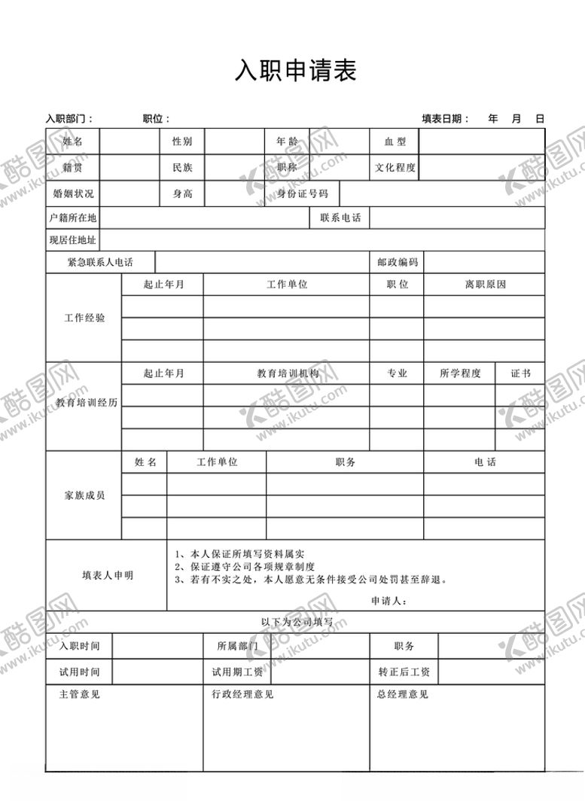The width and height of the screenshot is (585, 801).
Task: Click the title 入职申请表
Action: (x=295, y=71)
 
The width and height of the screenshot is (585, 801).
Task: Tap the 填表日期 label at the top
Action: (x=445, y=118)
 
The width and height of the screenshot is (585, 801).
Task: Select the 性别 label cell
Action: (x=182, y=142)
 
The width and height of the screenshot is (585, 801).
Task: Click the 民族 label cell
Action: (x=182, y=168)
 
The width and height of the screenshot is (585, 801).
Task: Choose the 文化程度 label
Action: (x=395, y=168)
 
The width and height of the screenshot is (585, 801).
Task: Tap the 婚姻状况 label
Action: (x=73, y=193)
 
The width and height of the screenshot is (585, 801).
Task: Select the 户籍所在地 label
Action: (x=73, y=218)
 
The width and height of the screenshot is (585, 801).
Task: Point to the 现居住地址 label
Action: (x=73, y=240)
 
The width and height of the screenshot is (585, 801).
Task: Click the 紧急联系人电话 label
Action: (x=100, y=262)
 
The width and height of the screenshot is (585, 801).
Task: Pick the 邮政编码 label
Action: (x=398, y=262)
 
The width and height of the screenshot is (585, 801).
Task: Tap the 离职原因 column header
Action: (x=485, y=285)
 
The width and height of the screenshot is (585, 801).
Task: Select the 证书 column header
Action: (x=520, y=373)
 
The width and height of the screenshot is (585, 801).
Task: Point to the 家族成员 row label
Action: (x=84, y=495)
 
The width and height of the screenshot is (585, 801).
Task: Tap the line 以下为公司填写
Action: (x=295, y=622)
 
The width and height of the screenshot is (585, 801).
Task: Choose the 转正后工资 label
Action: (x=404, y=672)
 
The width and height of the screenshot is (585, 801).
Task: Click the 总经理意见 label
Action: (x=403, y=694)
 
